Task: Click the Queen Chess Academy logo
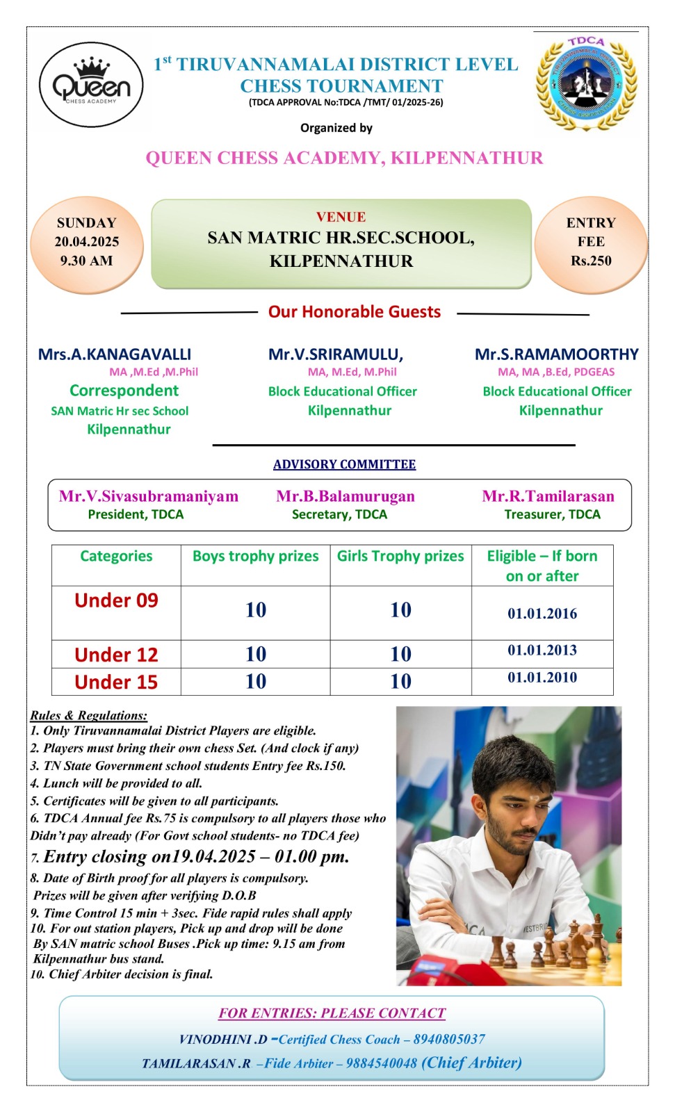91,85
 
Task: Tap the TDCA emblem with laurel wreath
586,85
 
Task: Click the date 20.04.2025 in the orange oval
87,242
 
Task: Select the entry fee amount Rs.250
591,261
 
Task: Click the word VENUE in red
341,217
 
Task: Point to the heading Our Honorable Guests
355,312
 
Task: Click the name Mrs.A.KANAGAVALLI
115,354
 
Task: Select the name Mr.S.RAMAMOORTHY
556,354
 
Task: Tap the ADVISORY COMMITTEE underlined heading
344,464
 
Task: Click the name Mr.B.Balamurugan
345,496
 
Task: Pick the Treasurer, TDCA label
552,515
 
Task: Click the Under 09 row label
116,600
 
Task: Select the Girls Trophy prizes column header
400,557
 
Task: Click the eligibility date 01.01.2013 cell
542,651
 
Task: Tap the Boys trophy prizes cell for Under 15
256,682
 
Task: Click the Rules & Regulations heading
88,715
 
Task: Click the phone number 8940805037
449,1040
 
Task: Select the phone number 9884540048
381,1064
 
